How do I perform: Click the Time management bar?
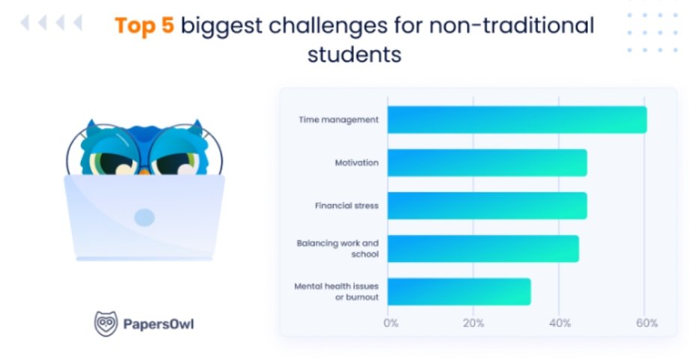coord(517,120)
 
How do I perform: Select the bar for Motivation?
coord(487,162)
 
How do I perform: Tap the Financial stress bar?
coord(487,206)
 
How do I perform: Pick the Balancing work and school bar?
coord(483,248)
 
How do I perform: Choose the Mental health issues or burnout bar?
coord(459,292)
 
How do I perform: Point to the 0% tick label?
coord(391,323)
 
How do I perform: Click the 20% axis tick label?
coord(474,323)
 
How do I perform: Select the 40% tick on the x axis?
coord(560,323)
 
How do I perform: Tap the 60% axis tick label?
coord(647,323)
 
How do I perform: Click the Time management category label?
coord(338,120)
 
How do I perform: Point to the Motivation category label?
coord(357,162)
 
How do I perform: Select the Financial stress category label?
coord(346,206)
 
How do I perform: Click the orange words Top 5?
coord(144,25)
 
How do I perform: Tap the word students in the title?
coord(354,55)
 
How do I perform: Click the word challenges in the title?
coord(328,25)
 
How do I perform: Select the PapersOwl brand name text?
coord(159,324)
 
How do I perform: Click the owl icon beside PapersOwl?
coord(106,324)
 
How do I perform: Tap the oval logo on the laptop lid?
coord(144,218)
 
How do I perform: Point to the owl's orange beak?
coord(144,171)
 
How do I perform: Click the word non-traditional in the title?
coord(512,25)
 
